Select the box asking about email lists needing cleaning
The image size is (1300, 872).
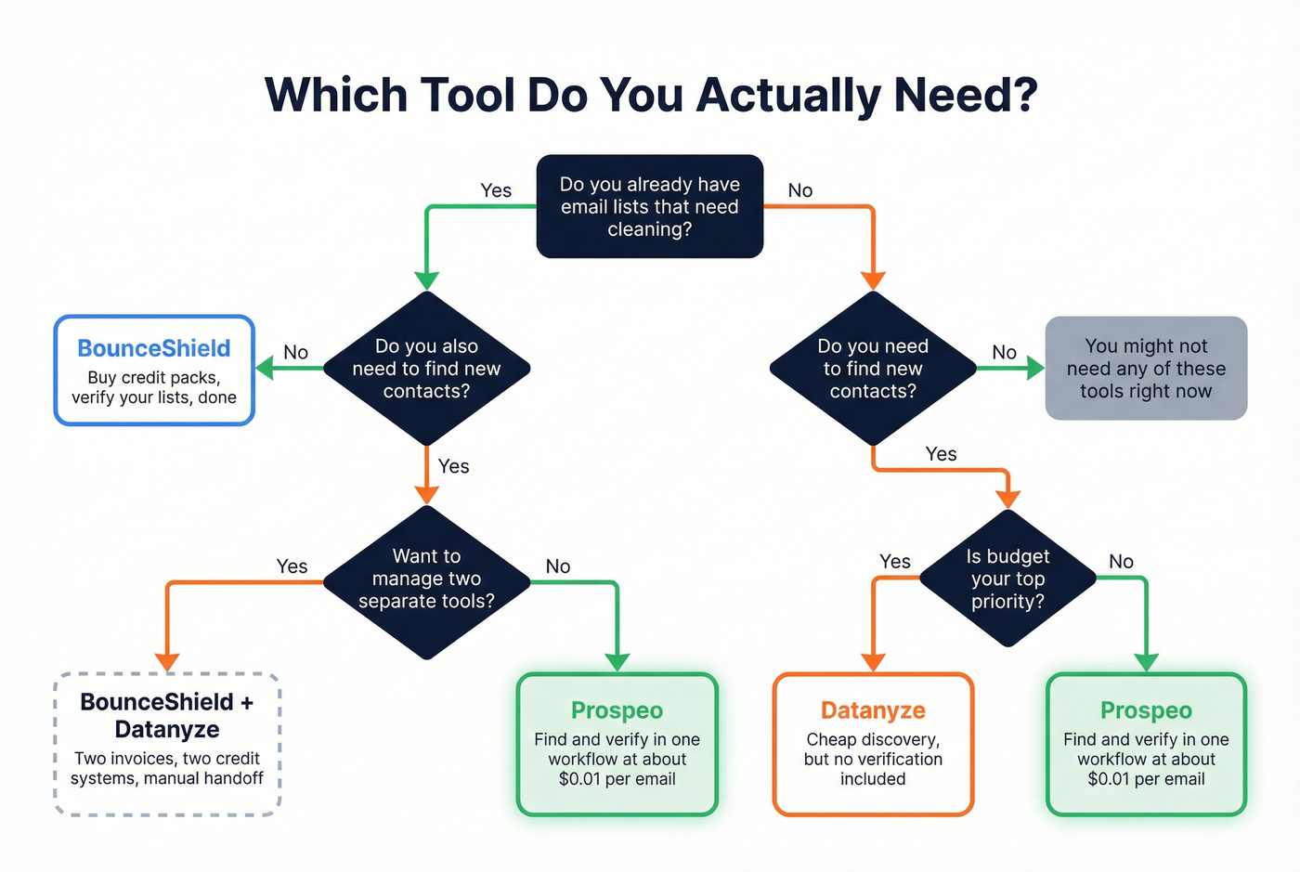pos(650,206)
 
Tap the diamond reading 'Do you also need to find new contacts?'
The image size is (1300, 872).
pos(426,369)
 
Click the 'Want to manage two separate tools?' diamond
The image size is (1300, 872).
pos(426,579)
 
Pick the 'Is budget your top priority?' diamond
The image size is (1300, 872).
pos(1007,579)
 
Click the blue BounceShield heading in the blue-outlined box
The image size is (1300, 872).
pos(154,348)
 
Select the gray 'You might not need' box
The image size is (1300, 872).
pos(1146,369)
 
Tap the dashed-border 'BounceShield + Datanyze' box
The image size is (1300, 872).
pos(167,743)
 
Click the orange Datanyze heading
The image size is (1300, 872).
pos(873,710)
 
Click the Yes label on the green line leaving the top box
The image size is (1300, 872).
pos(496,190)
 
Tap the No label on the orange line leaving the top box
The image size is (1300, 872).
pos(799,190)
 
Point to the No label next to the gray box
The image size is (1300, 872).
pos(1004,353)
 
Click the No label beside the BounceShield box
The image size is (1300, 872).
pos(295,353)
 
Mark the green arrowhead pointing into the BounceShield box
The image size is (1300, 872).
pos(265,369)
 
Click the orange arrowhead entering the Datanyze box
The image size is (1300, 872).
pos(873,662)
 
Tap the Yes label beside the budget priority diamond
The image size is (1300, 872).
pos(894,562)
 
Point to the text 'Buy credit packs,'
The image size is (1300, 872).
pos(154,378)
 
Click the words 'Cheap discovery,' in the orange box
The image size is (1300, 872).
pos(873,740)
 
